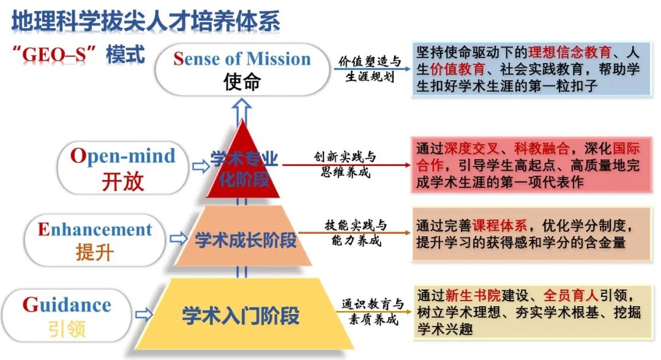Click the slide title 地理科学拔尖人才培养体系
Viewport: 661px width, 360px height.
(x=146, y=20)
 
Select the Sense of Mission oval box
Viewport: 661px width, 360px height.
(x=241, y=69)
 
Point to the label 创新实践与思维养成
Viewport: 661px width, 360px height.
(x=346, y=164)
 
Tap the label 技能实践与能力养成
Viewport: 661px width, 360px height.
(x=355, y=233)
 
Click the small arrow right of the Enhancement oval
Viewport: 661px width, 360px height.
(x=178, y=238)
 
